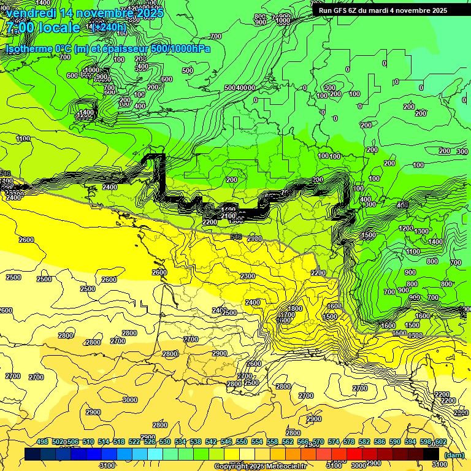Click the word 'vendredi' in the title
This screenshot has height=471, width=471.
coord(31,13)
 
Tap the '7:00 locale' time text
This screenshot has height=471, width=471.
coord(43,28)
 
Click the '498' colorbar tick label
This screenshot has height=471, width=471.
coord(42,442)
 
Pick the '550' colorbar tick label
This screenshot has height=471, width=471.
coord(242,442)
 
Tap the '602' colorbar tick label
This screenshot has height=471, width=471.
coord(440,442)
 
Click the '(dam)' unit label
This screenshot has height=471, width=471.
coord(454,455)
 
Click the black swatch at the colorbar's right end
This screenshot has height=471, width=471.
coord(431,454)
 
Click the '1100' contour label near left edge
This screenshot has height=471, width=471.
coord(23,139)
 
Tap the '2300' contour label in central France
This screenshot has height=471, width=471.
coord(248,277)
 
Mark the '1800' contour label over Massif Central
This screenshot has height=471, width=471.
coord(295,308)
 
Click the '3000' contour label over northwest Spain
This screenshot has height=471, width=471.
coord(129,400)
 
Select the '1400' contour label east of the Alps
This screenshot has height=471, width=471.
coord(435,242)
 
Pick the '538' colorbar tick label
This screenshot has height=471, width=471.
coord(196,442)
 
